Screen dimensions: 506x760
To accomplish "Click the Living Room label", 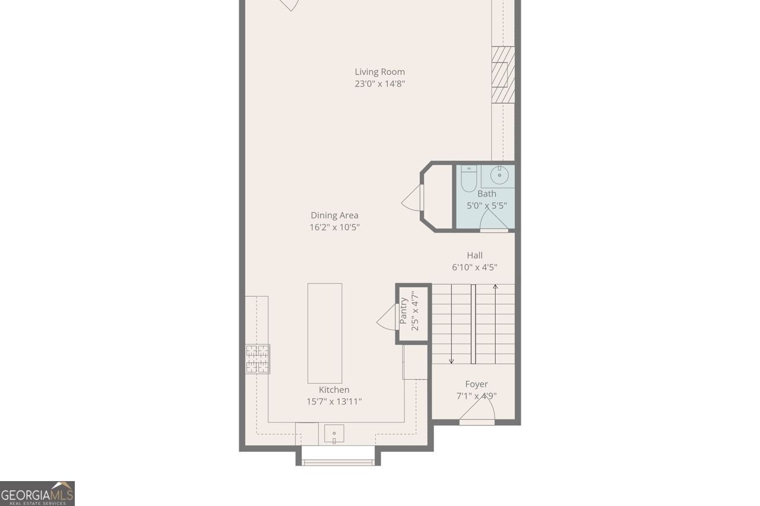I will click(x=380, y=72).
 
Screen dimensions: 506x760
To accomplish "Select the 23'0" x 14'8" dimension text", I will click(x=380, y=84).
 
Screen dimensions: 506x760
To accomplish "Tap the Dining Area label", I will click(x=334, y=215).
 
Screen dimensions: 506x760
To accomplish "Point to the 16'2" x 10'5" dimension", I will click(x=334, y=227).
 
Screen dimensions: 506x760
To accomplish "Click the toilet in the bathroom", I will click(x=468, y=179).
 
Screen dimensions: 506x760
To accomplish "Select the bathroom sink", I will click(x=499, y=175).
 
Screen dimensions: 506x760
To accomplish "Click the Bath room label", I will click(x=487, y=193).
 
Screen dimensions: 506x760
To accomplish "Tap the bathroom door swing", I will click(x=492, y=220).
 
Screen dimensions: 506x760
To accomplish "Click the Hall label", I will click(x=474, y=255).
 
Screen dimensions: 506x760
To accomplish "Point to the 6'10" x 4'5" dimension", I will click(x=474, y=267).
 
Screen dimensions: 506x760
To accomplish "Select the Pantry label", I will click(x=404, y=310).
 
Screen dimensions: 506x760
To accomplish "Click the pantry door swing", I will click(x=388, y=318).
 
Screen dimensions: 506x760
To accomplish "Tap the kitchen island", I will click(x=325, y=333).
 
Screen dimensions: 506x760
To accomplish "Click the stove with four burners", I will click(x=258, y=359).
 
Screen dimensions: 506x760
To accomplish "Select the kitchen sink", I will click(x=334, y=435).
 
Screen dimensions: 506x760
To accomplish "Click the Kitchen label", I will click(x=334, y=390).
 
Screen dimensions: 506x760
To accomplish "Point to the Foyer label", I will click(x=476, y=384).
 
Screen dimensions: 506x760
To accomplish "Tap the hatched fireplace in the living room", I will click(x=502, y=75).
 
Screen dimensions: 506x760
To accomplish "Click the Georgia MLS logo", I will click(x=37, y=494).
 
